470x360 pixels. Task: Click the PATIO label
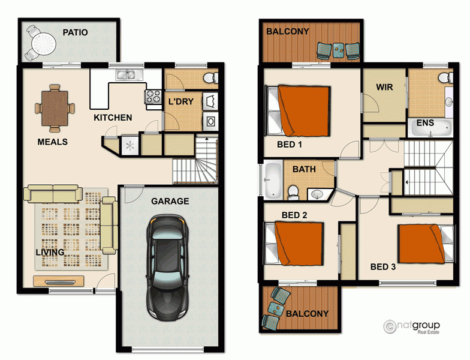coord(76,32)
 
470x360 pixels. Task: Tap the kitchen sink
coord(126,75)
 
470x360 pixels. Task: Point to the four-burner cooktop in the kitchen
coord(153,97)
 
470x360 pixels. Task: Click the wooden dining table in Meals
coord(55,108)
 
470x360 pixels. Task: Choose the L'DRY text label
coord(180,101)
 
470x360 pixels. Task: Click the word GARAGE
coord(170,202)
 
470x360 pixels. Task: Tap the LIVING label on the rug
coord(50,253)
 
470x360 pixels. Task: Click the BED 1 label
coord(290,145)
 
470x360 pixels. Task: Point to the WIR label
coord(384,87)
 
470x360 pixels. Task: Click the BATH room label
coord(304,169)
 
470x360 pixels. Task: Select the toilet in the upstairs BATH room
coord(293,191)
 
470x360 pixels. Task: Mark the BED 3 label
coord(382,267)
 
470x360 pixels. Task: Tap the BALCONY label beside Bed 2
coord(307,313)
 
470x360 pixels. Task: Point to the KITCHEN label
coord(113,118)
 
